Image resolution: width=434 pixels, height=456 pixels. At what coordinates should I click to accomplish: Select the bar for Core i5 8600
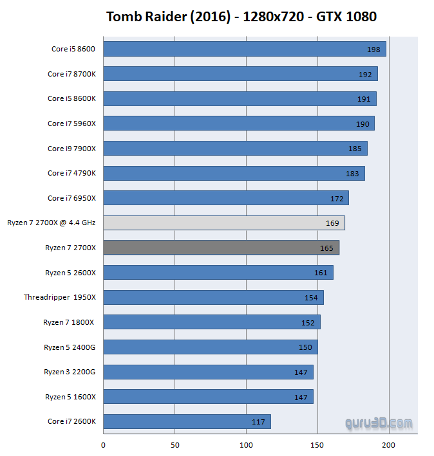coord(244,49)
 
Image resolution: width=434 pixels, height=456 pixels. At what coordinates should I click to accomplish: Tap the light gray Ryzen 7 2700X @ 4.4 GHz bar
coord(223,223)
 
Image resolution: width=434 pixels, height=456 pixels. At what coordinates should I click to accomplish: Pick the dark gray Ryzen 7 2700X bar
coord(221,248)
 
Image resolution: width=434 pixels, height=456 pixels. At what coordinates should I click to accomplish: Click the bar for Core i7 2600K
coord(187,422)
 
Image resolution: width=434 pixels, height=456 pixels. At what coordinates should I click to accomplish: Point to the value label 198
coord(374,50)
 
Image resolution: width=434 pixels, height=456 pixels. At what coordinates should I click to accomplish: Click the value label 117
coord(259,422)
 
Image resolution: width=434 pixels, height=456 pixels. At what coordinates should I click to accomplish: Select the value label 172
coord(337,199)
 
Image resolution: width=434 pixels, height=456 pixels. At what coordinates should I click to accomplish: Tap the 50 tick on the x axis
coord(175,444)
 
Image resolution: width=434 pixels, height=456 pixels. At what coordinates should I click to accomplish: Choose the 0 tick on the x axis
coord(103,444)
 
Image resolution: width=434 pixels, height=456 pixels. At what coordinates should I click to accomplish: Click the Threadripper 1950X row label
coord(60,297)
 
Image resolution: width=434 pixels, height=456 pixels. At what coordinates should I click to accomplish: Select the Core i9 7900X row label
coord(71,149)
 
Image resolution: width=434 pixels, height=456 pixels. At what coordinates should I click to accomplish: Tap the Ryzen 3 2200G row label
coord(70,372)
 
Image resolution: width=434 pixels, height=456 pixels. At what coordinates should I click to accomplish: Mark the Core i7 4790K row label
coord(71,173)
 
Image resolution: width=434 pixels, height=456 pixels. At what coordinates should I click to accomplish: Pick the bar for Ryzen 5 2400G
coord(210,347)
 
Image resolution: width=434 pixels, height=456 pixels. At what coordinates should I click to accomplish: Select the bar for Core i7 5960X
coord(238,123)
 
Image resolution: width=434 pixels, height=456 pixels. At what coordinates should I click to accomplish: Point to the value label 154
coord(312,298)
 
